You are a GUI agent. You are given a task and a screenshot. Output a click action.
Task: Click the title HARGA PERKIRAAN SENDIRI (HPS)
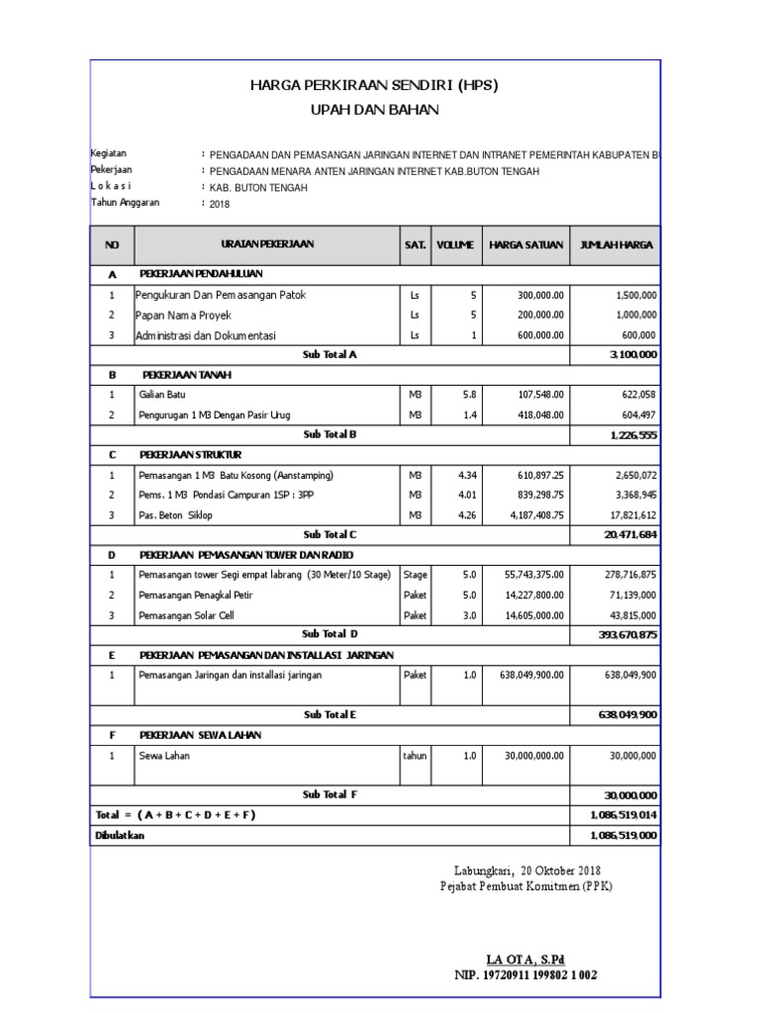374,86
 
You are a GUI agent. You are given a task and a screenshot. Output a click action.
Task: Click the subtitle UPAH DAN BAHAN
374,109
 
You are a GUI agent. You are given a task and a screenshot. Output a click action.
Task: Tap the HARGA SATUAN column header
525,244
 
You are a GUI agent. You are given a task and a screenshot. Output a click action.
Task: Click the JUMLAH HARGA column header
616,244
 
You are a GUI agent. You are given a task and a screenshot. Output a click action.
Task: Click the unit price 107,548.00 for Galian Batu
539,394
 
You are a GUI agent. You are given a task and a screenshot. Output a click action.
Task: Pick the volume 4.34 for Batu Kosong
465,475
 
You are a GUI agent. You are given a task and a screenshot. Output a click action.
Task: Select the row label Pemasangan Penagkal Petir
202,595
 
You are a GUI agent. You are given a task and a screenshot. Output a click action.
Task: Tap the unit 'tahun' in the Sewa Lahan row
415,755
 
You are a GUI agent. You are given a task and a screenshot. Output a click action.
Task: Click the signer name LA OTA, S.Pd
525,960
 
